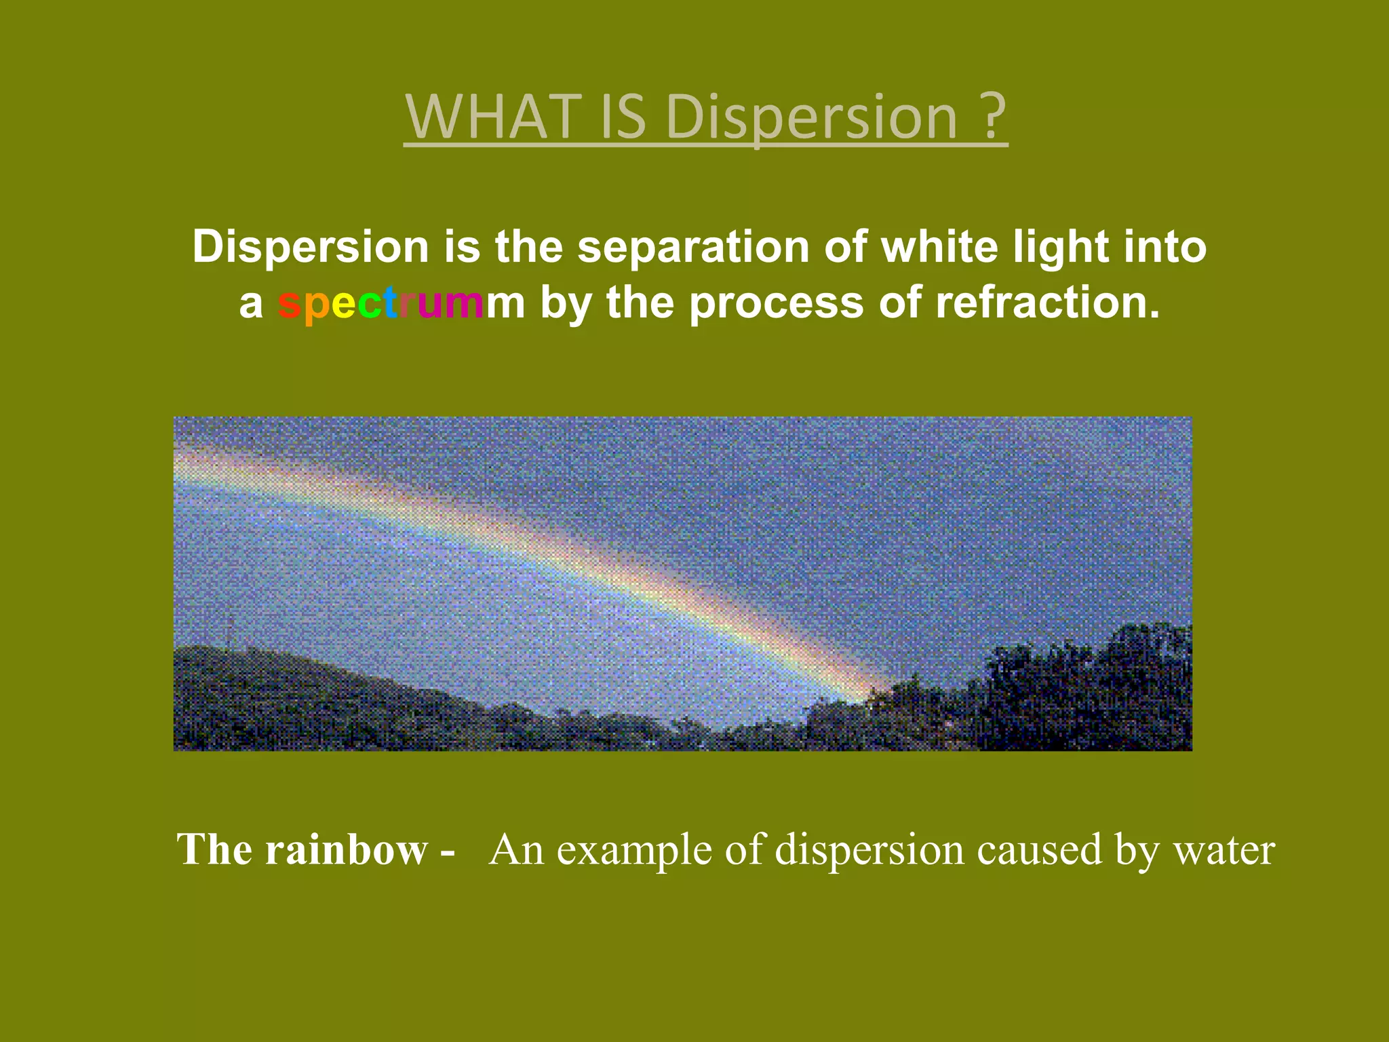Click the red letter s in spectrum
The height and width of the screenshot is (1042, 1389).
click(x=289, y=304)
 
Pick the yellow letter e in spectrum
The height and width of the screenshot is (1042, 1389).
click(x=343, y=304)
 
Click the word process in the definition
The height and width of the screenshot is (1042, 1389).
click(x=777, y=304)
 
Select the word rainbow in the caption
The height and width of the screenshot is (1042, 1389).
click(x=346, y=849)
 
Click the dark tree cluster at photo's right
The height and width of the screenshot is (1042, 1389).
click(x=1099, y=692)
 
